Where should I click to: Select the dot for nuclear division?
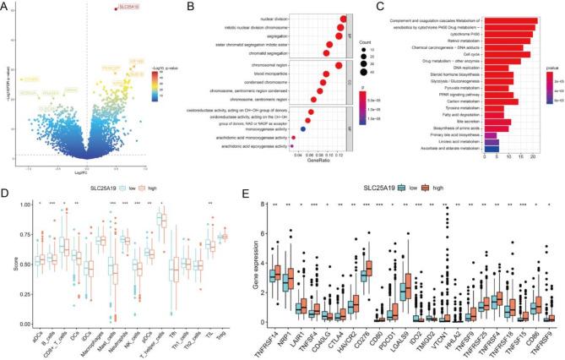(x=342, y=19)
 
